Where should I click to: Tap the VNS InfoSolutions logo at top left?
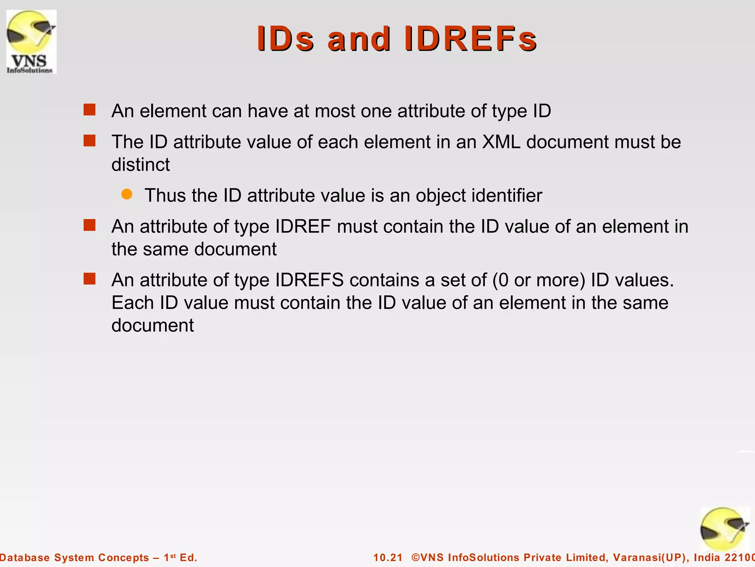31,42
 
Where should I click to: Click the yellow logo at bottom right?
724,529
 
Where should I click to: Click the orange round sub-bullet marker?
127,194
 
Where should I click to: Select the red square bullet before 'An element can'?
90,110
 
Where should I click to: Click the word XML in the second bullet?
501,142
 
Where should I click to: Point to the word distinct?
140,165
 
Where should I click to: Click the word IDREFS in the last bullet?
310,280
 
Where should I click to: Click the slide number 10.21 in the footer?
388,557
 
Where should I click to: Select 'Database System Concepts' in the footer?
74,557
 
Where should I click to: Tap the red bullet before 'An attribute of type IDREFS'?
90,279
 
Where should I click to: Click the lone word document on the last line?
153,326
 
